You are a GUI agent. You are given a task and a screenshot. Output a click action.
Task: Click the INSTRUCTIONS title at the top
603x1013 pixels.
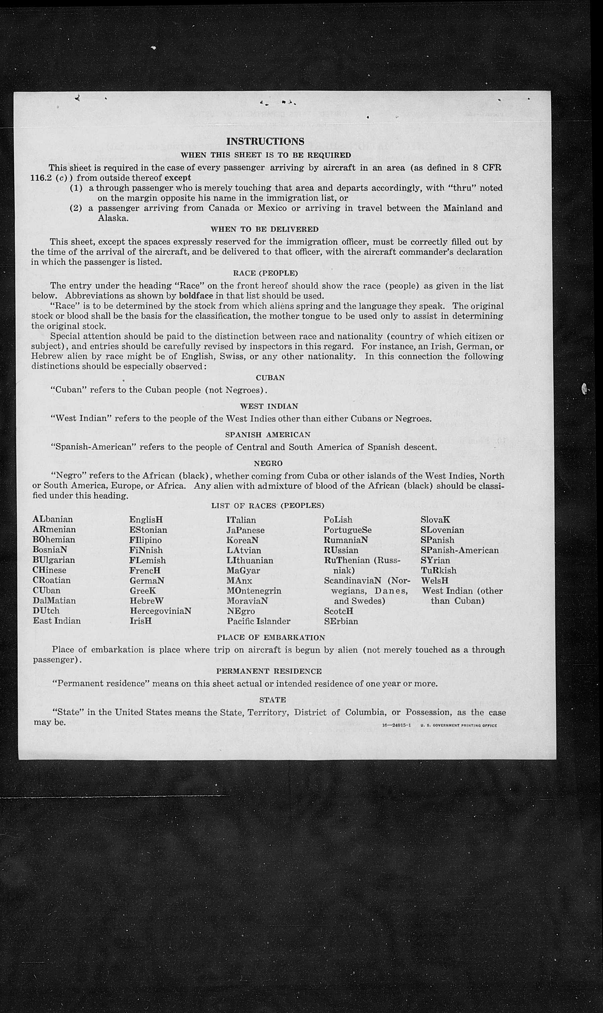[265, 141]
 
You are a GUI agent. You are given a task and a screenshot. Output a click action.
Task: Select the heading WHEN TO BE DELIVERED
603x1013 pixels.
[264, 229]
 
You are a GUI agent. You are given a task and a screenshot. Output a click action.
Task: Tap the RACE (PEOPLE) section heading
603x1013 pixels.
[265, 273]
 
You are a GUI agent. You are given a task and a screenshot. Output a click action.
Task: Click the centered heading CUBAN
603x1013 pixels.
[270, 378]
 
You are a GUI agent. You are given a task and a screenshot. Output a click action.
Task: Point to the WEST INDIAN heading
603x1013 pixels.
[269, 406]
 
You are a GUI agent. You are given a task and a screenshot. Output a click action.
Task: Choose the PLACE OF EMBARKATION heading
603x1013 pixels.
[271, 637]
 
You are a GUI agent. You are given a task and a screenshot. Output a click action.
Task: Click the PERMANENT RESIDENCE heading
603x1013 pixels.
[269, 671]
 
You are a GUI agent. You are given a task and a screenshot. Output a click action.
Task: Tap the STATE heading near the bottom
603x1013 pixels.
[272, 699]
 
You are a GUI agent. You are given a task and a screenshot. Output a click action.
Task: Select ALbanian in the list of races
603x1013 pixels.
[53, 520]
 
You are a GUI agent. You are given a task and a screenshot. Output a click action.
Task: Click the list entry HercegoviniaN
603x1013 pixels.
[160, 611]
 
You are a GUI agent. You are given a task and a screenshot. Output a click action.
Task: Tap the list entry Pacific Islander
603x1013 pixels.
[258, 621]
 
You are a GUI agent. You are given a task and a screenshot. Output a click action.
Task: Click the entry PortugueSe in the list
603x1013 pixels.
[348, 530]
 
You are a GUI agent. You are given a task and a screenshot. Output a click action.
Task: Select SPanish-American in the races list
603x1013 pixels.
[460, 550]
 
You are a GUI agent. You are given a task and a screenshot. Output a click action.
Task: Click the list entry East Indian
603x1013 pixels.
[57, 621]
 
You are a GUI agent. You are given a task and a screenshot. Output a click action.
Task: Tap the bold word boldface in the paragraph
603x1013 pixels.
[196, 295]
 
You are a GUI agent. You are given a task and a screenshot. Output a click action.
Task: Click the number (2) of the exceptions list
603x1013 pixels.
[76, 208]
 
